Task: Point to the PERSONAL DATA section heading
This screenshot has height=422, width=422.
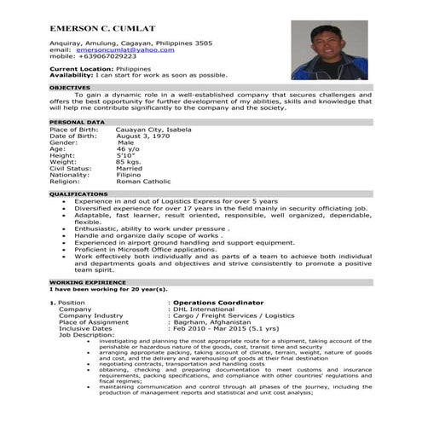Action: pos(77,123)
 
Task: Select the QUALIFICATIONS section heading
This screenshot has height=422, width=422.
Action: pos(78,194)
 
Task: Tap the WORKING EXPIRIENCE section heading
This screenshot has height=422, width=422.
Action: pos(89,280)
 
